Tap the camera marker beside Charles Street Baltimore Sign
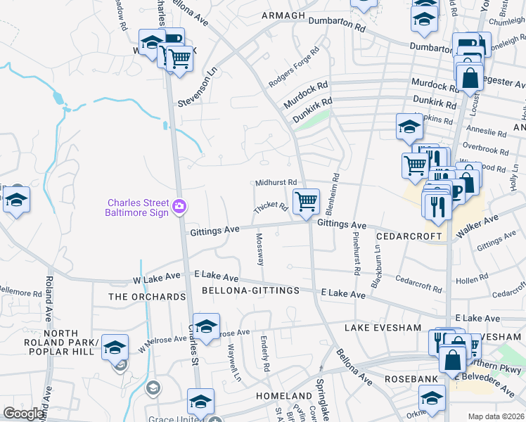pyautogui.click(x=180, y=205)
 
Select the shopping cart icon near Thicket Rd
pyautogui.click(x=306, y=202)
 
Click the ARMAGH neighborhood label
pyautogui.click(x=283, y=15)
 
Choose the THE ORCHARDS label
pyautogui.click(x=148, y=297)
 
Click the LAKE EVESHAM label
pyautogui.click(x=383, y=328)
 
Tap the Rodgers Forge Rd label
pyautogui.click(x=293, y=62)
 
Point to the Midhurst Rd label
pyautogui.click(x=276, y=182)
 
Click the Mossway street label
pyautogui.click(x=259, y=249)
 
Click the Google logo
pyautogui.click(x=24, y=414)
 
